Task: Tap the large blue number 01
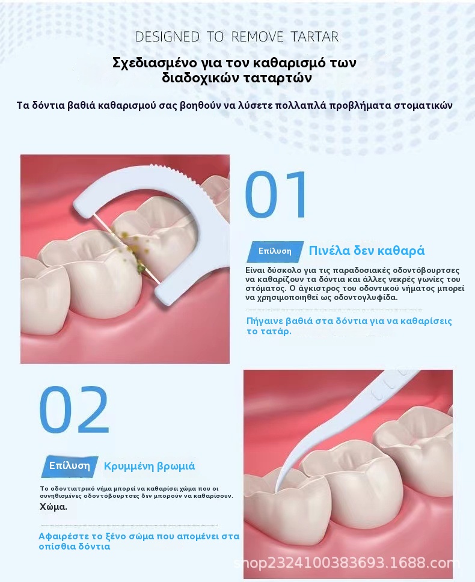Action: tap(276, 194)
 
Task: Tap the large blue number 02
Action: tap(74, 409)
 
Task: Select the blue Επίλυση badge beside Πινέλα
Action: tap(275, 251)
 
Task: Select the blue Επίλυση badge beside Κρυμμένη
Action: tap(69, 466)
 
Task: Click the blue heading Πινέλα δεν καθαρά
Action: tap(367, 251)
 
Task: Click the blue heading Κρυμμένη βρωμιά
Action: tap(149, 466)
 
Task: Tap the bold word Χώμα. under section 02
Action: tap(54, 507)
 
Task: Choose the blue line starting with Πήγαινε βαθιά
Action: tap(349, 326)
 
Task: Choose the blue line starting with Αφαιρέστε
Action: tap(139, 541)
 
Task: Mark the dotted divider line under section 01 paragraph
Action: tap(335, 310)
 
